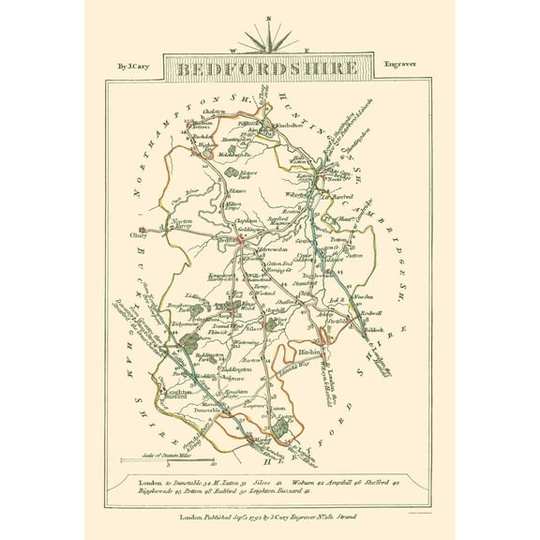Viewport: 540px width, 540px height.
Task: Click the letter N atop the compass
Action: [x=269, y=20]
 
